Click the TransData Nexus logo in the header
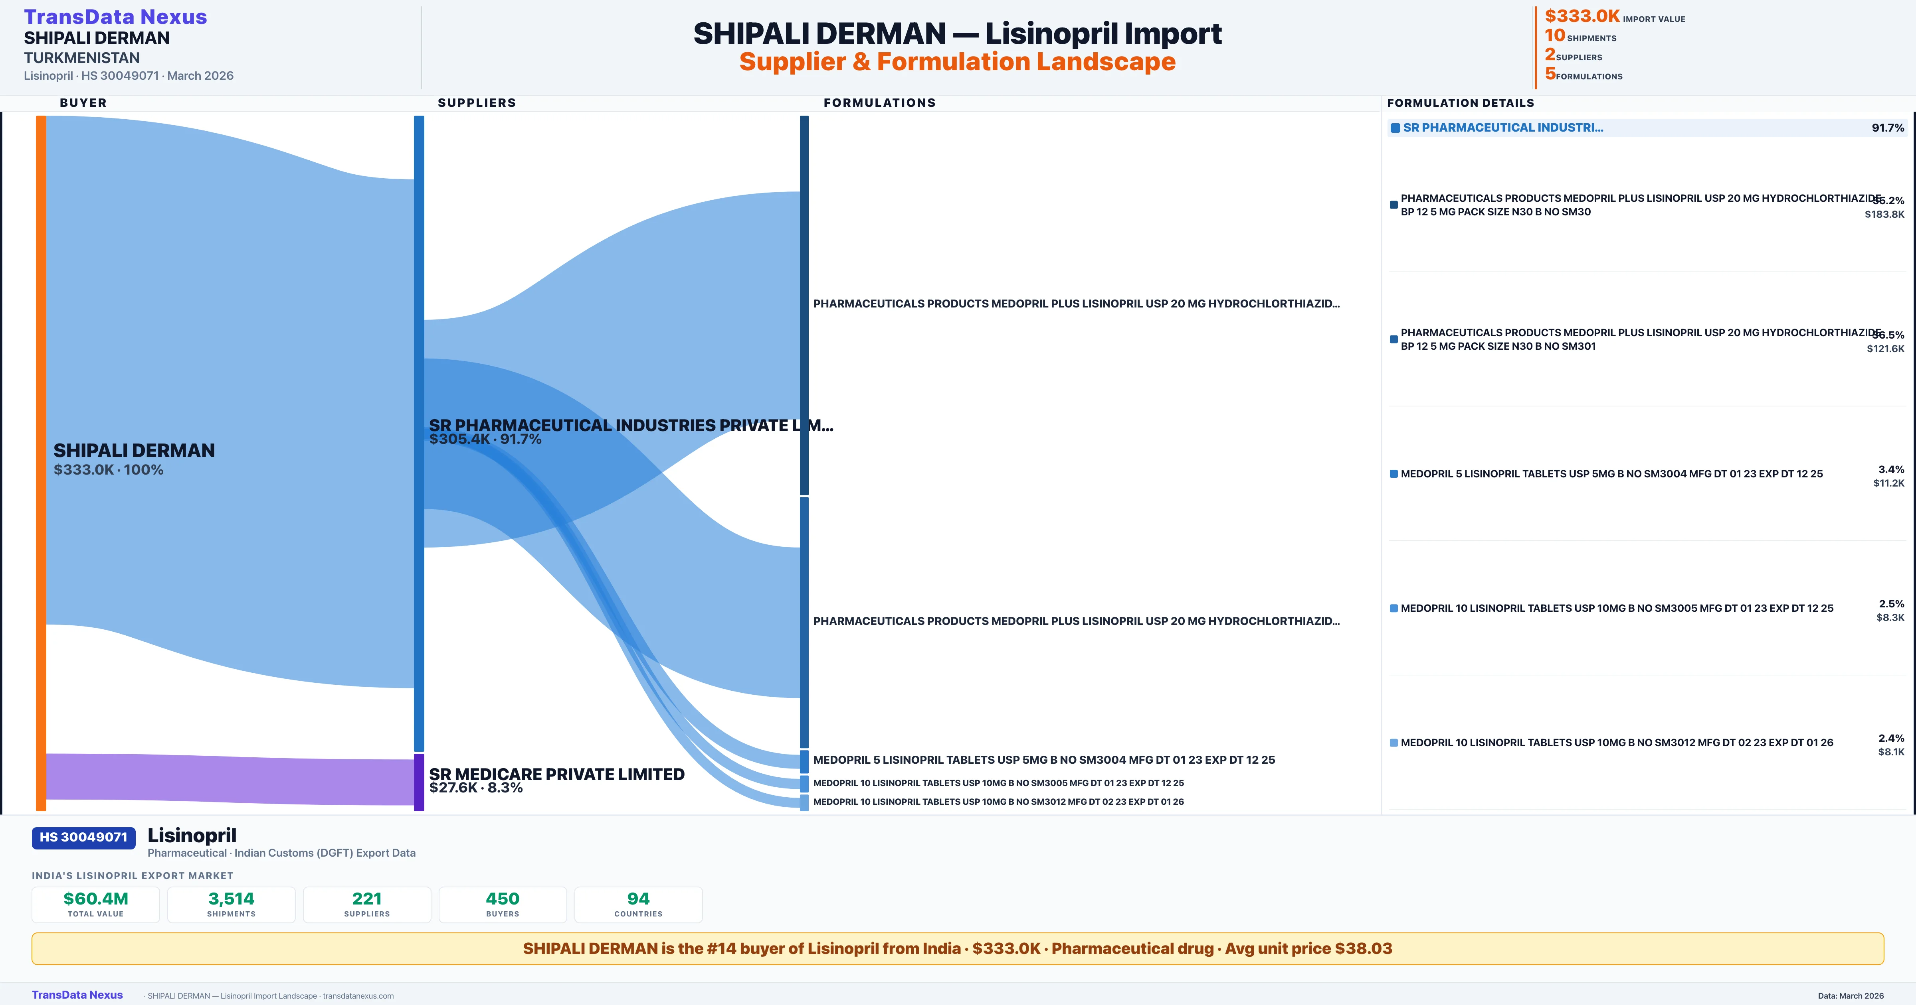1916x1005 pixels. (115, 17)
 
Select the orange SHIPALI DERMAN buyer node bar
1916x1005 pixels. (41, 461)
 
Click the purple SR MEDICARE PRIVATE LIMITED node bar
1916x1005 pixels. (419, 782)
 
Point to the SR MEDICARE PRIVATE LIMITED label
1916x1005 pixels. (556, 774)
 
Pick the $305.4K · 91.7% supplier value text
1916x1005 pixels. (485, 439)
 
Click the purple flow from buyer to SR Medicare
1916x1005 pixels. (223, 778)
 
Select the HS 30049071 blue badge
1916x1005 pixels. (83, 837)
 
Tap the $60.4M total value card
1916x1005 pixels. (96, 904)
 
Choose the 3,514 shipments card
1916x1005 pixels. (232, 904)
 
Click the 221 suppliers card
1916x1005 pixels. (367, 904)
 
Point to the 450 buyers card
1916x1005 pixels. (503, 904)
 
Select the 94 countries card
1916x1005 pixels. (638, 904)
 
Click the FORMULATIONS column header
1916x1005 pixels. (879, 102)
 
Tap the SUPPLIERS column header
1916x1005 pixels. (477, 102)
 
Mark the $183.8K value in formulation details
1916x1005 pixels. (1884, 214)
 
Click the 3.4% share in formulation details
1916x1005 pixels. (1891, 469)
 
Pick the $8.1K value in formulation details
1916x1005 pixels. (1891, 751)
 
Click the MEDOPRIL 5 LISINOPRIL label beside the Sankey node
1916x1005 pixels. (1043, 760)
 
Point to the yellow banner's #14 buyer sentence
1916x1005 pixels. (957, 948)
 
